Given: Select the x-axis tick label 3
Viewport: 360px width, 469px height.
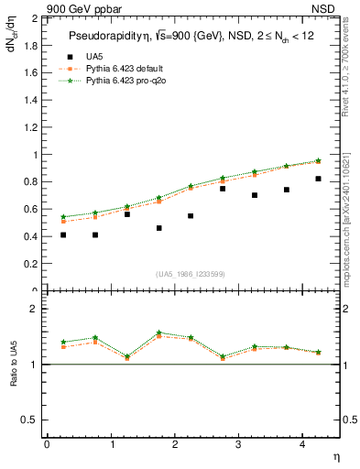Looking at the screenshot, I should pyautogui.click(x=238, y=444).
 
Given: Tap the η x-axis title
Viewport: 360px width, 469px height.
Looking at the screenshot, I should pyautogui.click(x=335, y=456).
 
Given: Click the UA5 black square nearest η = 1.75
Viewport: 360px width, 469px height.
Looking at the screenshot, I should pyautogui.click(x=159, y=228).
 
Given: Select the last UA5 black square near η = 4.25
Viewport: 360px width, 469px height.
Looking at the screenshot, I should pyautogui.click(x=318, y=179).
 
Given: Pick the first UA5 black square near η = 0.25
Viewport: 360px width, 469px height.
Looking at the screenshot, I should pyautogui.click(x=63, y=235).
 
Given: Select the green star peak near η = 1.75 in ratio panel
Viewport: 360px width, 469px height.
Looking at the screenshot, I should pyautogui.click(x=159, y=333).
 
